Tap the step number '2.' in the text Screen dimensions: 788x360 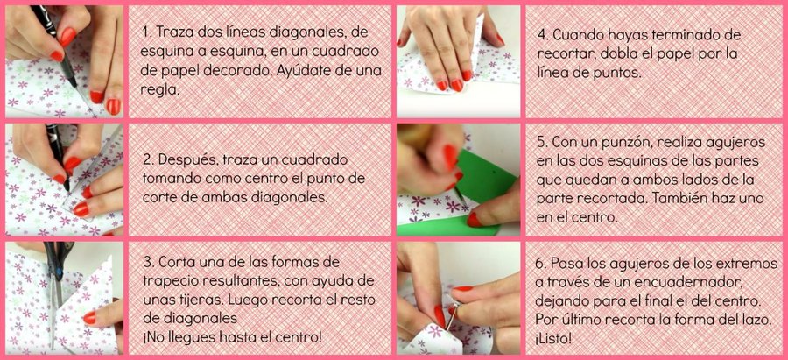click(x=148, y=160)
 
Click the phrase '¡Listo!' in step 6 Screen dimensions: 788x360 click(x=552, y=339)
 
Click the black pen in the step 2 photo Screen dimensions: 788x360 click(x=57, y=154)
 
